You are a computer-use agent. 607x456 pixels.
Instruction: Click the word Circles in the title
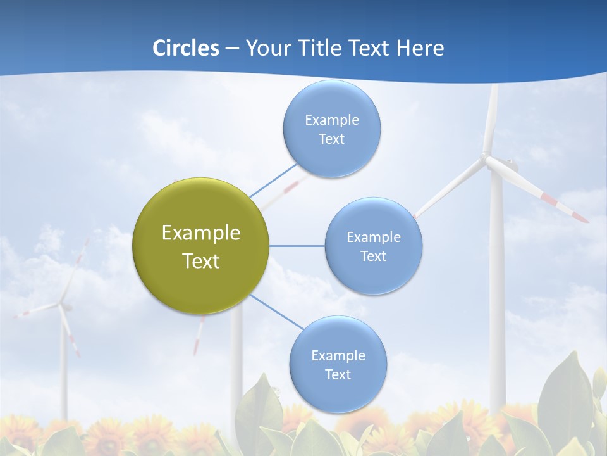point(185,48)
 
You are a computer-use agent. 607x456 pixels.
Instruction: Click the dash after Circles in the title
point(231,49)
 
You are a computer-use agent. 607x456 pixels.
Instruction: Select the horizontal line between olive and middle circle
point(297,246)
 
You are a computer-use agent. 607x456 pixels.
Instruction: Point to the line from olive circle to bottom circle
point(276,312)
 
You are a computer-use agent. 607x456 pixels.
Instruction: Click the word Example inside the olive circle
point(200,232)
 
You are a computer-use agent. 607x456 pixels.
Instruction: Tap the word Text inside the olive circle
point(200,261)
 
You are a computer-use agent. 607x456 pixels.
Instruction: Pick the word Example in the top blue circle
point(331,120)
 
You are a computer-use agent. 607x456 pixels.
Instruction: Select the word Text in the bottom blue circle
point(338,374)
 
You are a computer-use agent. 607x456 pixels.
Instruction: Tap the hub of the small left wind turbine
point(62,307)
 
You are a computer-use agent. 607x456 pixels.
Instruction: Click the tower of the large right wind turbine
point(496,285)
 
